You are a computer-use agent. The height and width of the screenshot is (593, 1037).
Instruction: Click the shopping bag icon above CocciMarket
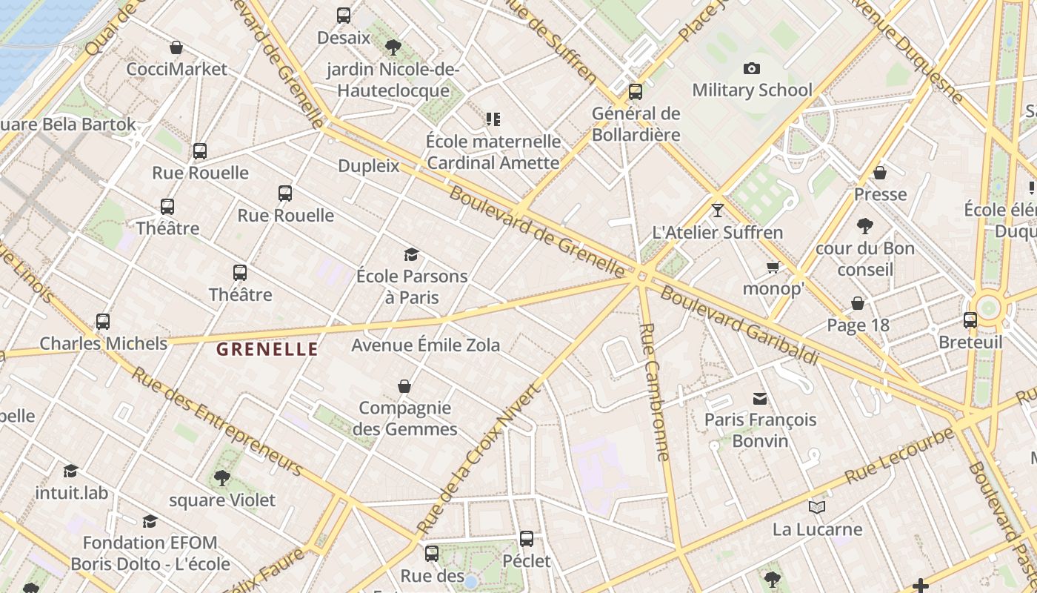click(x=176, y=48)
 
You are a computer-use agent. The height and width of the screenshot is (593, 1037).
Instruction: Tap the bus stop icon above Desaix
click(x=344, y=16)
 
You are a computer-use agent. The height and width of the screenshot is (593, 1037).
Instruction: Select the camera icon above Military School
click(x=752, y=69)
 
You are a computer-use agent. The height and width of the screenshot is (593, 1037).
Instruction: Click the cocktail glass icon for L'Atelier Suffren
click(x=717, y=211)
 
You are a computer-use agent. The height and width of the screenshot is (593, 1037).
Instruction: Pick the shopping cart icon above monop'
click(x=773, y=267)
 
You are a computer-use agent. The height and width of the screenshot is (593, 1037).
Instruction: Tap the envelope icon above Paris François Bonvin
click(x=760, y=399)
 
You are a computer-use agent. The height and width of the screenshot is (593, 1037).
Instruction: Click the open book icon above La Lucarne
click(x=817, y=508)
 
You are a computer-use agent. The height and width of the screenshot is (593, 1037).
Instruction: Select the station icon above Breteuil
click(x=970, y=320)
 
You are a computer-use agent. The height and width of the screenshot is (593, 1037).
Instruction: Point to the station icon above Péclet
click(x=527, y=539)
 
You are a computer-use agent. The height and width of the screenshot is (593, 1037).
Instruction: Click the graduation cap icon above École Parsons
click(x=412, y=255)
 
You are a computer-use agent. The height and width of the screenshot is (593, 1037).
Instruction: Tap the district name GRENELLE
click(x=267, y=349)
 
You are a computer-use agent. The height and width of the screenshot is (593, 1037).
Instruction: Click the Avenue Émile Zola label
click(x=425, y=345)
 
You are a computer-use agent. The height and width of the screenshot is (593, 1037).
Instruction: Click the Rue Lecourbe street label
click(x=899, y=455)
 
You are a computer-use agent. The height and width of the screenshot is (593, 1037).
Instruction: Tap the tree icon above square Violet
click(x=221, y=478)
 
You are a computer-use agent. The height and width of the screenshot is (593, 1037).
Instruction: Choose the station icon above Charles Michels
click(x=103, y=322)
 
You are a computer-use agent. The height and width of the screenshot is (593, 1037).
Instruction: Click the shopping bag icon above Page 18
click(x=858, y=304)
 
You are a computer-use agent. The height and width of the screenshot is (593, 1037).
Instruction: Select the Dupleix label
click(x=369, y=166)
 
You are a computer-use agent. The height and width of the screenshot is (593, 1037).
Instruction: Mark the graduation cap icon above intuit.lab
click(x=71, y=471)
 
